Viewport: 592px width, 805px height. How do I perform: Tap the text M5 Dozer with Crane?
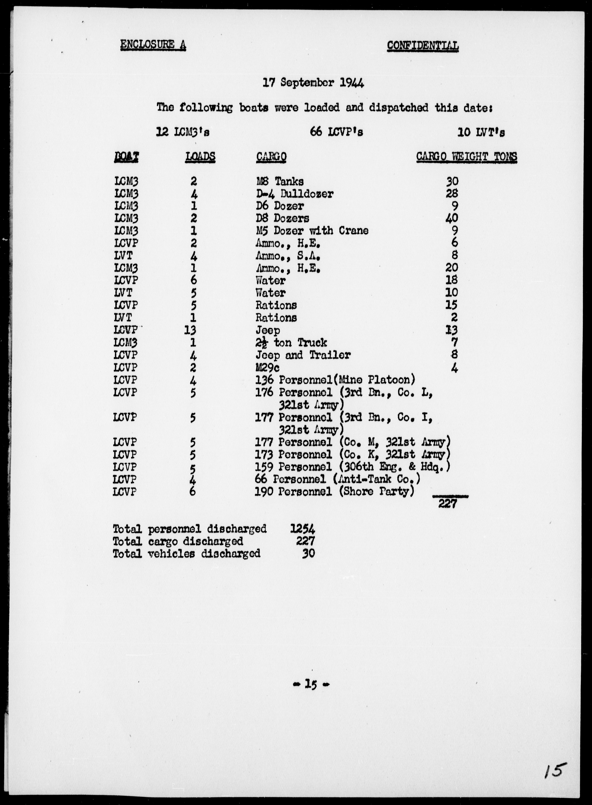point(312,231)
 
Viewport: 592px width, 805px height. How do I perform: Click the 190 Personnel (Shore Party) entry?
point(334,492)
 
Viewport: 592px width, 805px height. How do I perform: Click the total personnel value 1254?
point(302,529)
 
